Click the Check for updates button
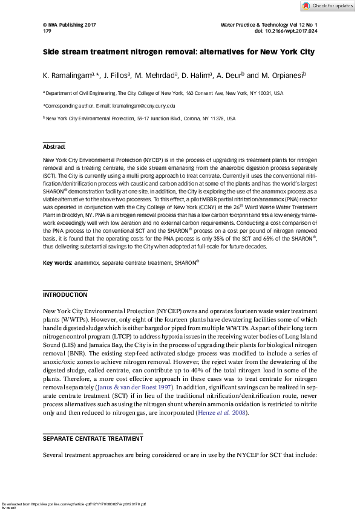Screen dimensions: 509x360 tap(327, 6)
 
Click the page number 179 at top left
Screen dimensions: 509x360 tap(47, 30)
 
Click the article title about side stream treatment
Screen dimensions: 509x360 tap(178, 52)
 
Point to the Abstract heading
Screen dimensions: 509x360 tap(54, 147)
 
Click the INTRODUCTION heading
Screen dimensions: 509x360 tap(65, 294)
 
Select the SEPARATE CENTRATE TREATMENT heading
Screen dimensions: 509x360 tap(93, 438)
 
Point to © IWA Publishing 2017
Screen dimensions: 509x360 tap(70, 24)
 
